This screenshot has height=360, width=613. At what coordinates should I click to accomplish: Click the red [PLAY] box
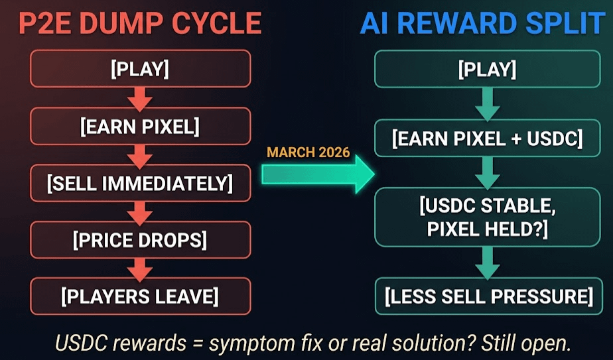coord(140,69)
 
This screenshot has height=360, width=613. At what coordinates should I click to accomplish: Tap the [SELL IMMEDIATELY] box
coord(140,183)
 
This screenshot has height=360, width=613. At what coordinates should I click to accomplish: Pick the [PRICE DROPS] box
coord(140,239)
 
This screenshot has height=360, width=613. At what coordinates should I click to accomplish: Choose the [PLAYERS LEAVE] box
coord(140,296)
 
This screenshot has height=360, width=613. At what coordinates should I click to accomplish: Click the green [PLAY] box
coord(487,69)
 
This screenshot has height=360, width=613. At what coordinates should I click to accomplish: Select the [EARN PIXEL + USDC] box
coord(487,139)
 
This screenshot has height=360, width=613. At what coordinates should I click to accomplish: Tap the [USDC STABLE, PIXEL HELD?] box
coord(487,216)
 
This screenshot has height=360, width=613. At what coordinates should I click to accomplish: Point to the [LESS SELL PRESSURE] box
coord(487,296)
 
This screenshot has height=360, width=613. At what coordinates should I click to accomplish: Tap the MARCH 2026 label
coord(308,152)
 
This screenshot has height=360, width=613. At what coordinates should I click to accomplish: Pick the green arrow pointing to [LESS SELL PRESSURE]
coord(487,263)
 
